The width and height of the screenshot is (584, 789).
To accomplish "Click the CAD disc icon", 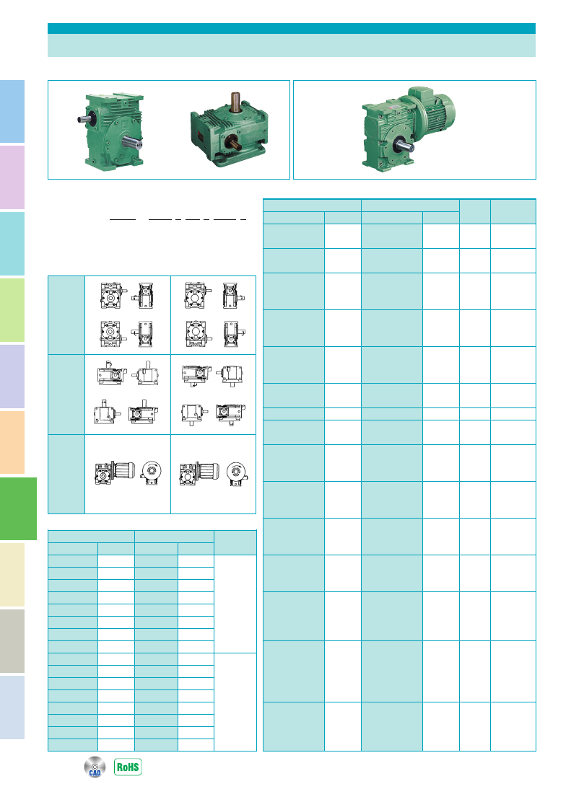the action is [x=95, y=767].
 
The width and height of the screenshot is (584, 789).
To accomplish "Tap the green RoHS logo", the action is [x=128, y=767].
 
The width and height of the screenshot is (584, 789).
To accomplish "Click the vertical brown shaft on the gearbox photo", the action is [x=235, y=102].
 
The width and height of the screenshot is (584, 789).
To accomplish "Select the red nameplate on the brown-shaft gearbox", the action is [x=201, y=136].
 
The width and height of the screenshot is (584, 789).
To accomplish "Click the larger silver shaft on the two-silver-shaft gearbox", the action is [x=132, y=142].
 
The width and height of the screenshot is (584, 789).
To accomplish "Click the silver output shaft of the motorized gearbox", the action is [x=404, y=146].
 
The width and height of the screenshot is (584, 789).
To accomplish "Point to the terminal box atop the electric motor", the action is [x=421, y=92].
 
